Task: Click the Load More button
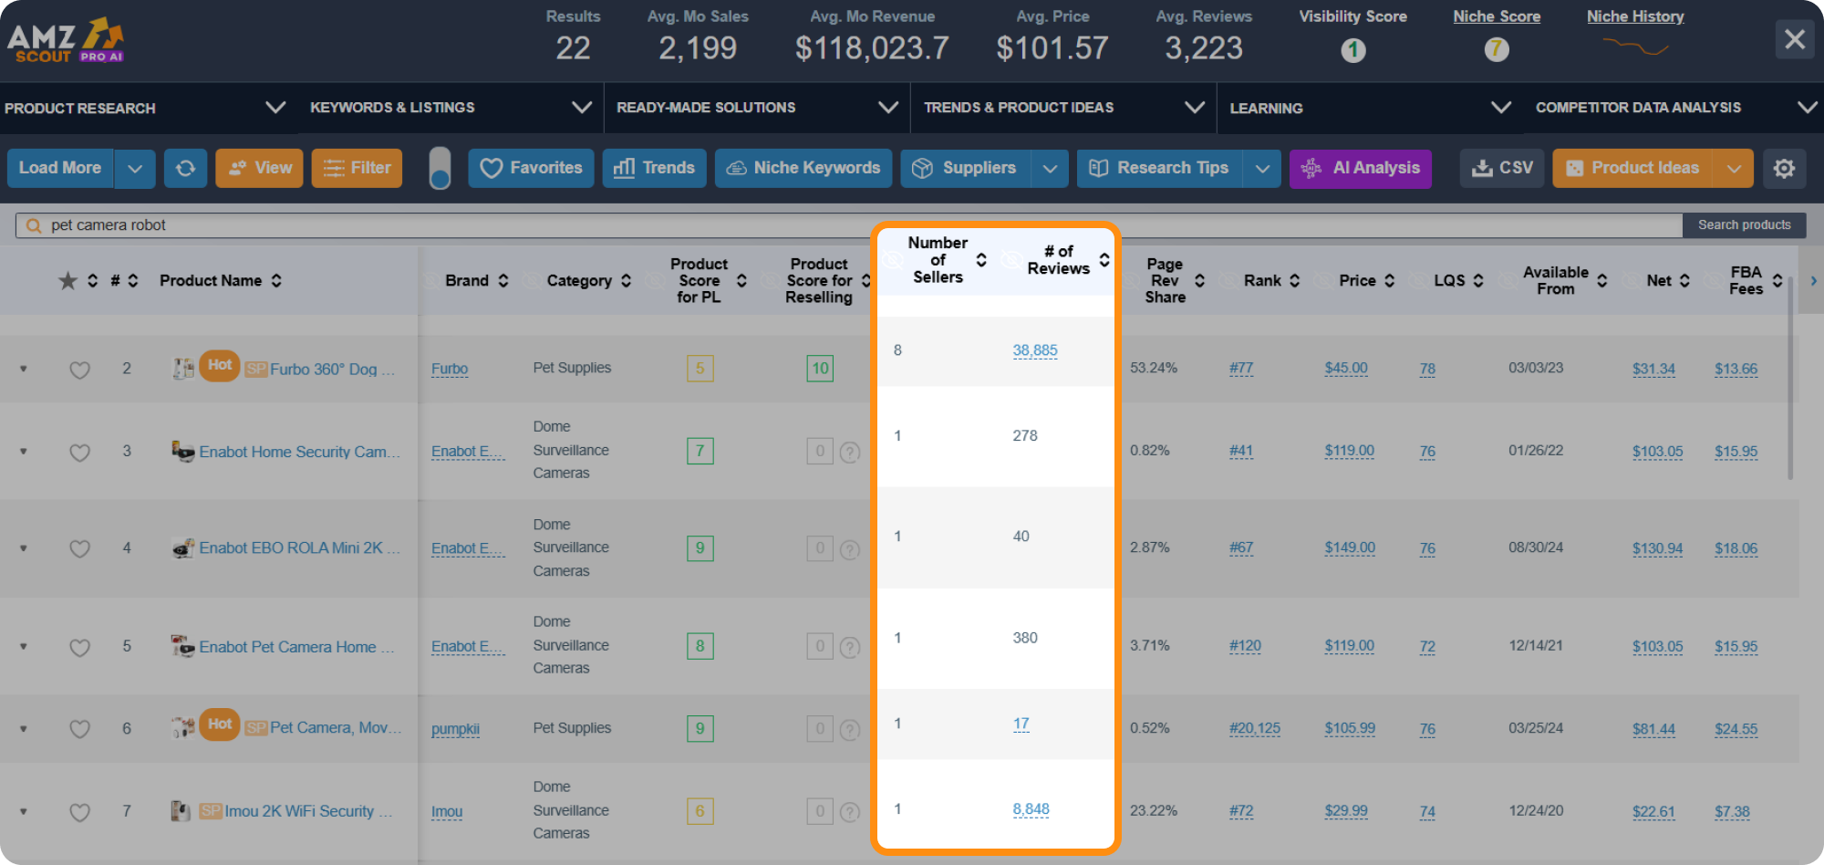pyautogui.click(x=60, y=168)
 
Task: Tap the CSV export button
pyautogui.click(x=1502, y=168)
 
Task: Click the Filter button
pyautogui.click(x=357, y=168)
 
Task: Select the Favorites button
pyautogui.click(x=531, y=168)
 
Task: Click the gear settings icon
pyautogui.click(x=1784, y=168)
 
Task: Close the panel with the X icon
pyautogui.click(x=1794, y=39)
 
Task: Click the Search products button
pyautogui.click(x=1744, y=225)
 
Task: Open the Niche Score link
pyautogui.click(x=1496, y=16)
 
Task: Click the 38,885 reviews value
pyautogui.click(x=1034, y=350)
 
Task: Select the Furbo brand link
pyautogui.click(x=450, y=369)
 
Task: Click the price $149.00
pyautogui.click(x=1350, y=547)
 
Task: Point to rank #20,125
pyautogui.click(x=1254, y=728)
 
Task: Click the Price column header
pyautogui.click(x=1357, y=281)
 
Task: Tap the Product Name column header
pyautogui.click(x=211, y=281)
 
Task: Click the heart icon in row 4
pyautogui.click(x=80, y=548)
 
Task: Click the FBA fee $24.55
pyautogui.click(x=1736, y=729)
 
